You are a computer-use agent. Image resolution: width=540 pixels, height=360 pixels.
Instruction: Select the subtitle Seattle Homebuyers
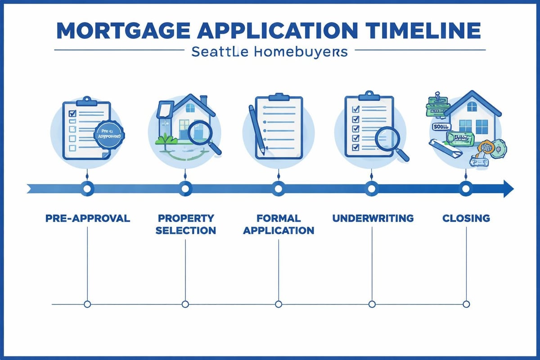pos(269,52)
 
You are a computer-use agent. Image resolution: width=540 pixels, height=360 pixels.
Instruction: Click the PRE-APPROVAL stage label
pos(88,219)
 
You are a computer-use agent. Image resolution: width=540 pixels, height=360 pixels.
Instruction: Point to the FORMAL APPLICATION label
pos(279,225)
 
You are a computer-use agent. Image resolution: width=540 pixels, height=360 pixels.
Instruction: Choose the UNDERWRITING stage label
pos(373,219)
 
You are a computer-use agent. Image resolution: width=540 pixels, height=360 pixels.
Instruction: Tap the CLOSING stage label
pos(466,219)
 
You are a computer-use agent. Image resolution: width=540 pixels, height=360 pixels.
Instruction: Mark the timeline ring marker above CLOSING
pos(466,188)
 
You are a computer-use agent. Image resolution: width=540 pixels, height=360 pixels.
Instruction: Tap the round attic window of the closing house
pos(472,106)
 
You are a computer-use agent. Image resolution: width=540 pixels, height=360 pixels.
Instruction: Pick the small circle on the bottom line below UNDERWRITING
pos(372,305)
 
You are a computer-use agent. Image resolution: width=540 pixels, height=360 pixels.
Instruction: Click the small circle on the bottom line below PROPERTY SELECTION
pos(185,305)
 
